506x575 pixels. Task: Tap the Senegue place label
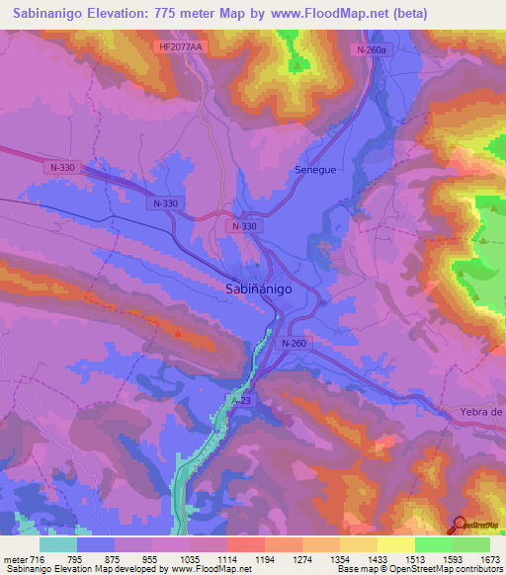(x=317, y=170)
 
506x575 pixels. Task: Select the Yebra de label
(x=482, y=411)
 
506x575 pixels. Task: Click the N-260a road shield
(x=372, y=49)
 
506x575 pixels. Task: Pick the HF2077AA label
(x=180, y=46)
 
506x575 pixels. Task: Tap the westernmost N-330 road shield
(x=61, y=169)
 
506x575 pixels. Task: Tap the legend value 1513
(x=414, y=560)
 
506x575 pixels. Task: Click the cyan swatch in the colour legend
(x=58, y=544)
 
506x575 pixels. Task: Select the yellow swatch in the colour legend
(x=395, y=544)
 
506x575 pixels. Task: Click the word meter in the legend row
(x=14, y=560)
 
